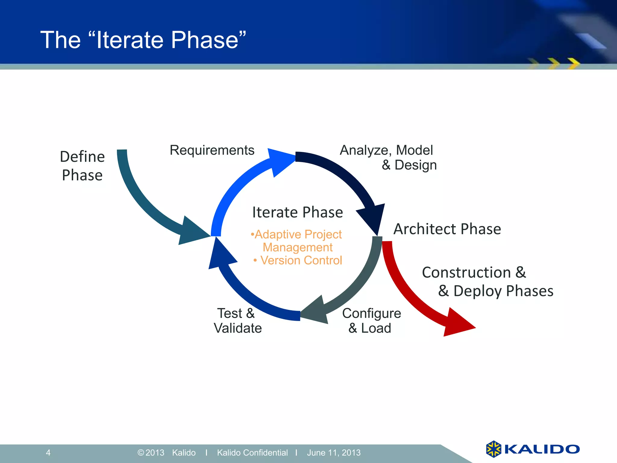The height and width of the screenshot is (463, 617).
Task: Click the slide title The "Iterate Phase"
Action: [x=143, y=40]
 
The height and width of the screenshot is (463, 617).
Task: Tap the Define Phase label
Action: [x=82, y=166]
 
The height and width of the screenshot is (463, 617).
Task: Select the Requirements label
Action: [x=212, y=150]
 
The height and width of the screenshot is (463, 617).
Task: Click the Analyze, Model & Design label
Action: [x=388, y=157]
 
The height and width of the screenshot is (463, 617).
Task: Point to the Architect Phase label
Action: [x=447, y=229]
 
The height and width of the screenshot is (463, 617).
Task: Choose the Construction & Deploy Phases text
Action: [x=487, y=282]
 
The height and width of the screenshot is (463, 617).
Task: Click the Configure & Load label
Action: [x=371, y=321]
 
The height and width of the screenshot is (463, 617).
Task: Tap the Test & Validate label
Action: [x=237, y=321]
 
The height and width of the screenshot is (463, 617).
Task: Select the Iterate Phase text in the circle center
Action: [x=297, y=212]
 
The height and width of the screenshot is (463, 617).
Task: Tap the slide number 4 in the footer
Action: [x=48, y=452]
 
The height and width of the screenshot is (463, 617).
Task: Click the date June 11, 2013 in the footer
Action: [x=334, y=452]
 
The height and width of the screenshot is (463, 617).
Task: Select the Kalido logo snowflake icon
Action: [x=493, y=449]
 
